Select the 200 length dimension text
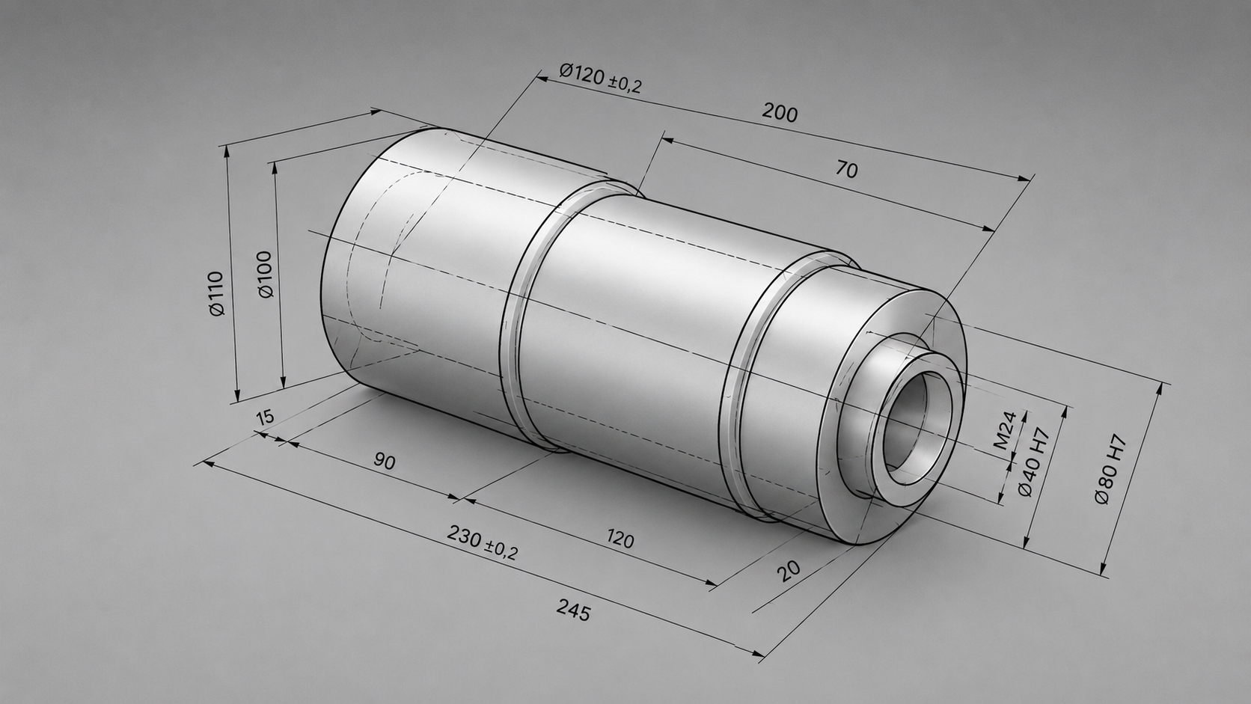pyautogui.click(x=780, y=113)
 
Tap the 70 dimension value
pyautogui.click(x=847, y=169)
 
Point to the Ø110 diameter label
pyautogui.click(x=217, y=293)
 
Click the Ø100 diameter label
pyautogui.click(x=266, y=274)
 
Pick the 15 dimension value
pyautogui.click(x=266, y=417)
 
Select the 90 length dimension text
pyautogui.click(x=385, y=462)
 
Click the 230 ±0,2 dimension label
pyautogui.click(x=483, y=543)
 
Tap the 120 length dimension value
pyautogui.click(x=620, y=540)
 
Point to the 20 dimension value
pyautogui.click(x=789, y=571)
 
